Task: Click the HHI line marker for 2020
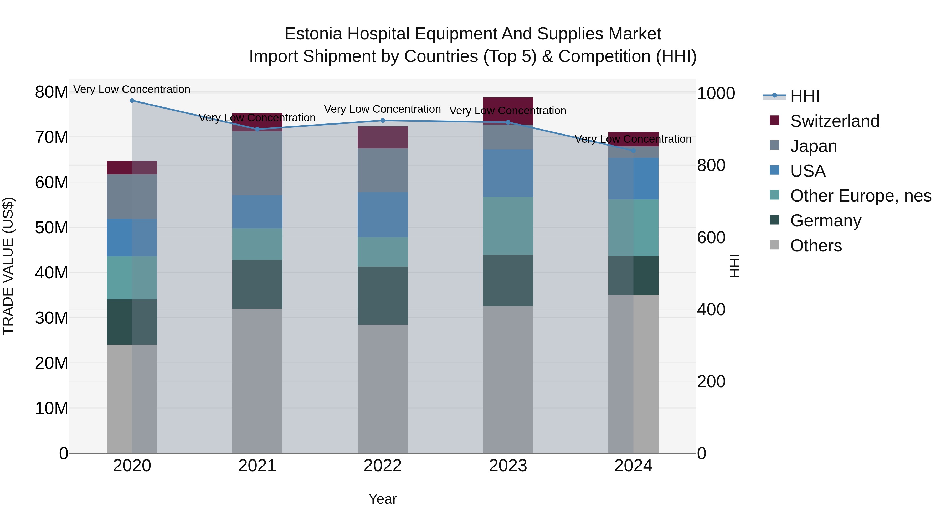132,101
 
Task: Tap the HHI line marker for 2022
383,120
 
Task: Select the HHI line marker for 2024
633,151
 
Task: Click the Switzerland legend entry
834,121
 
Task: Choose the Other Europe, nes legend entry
860,196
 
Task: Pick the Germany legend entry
826,221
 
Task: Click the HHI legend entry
804,96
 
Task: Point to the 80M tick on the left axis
52,92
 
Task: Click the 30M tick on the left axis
52,318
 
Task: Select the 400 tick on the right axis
711,309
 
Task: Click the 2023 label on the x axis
508,466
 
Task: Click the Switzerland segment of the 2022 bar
383,137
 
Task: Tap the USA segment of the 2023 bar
508,173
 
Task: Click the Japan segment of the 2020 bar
132,197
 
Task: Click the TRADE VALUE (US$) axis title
8,266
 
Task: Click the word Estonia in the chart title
313,34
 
